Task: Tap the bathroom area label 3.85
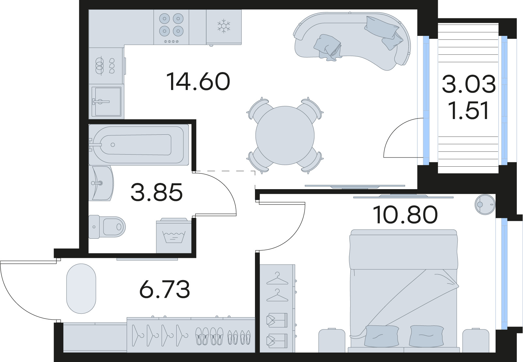click(156, 192)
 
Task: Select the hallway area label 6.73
click(165, 290)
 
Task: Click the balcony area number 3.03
click(468, 84)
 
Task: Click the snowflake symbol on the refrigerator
click(224, 26)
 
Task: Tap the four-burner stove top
click(171, 25)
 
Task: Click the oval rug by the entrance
click(81, 288)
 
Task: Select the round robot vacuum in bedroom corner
click(484, 204)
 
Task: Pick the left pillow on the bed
click(381, 336)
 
